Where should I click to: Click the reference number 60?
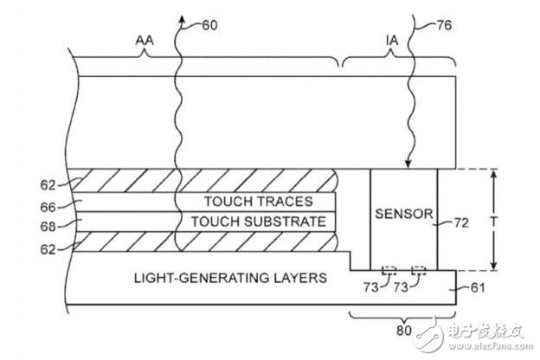(x=209, y=25)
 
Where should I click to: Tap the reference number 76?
(x=444, y=25)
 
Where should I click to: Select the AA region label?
(x=145, y=41)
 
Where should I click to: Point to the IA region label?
(x=392, y=41)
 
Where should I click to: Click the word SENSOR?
(x=403, y=214)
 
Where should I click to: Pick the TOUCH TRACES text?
(x=259, y=202)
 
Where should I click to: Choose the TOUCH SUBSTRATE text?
(x=259, y=222)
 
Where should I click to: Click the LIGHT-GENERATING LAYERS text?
(x=230, y=278)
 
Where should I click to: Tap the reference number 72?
(x=461, y=223)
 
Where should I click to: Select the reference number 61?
(x=478, y=287)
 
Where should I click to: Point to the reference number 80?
(x=404, y=331)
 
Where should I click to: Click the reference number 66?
(x=48, y=208)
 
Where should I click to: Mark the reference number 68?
(x=48, y=227)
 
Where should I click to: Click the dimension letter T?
(x=494, y=222)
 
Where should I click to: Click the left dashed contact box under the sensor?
(x=389, y=270)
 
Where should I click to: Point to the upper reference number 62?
(x=48, y=185)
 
